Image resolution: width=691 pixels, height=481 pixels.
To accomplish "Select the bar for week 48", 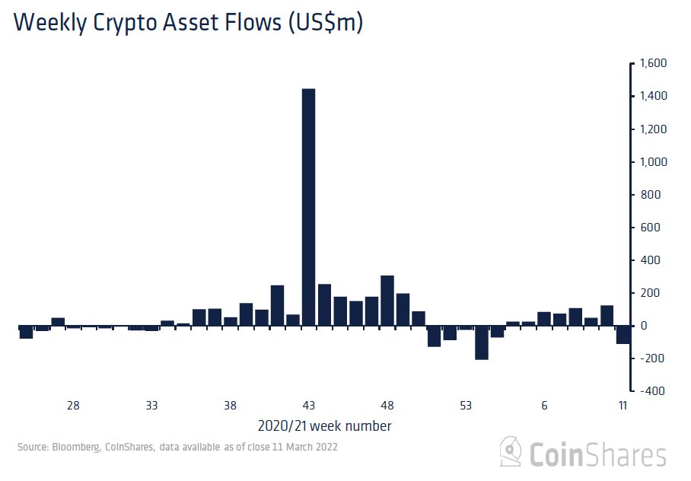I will click(x=387, y=301).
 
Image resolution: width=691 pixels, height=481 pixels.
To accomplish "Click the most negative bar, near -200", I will click(x=481, y=342).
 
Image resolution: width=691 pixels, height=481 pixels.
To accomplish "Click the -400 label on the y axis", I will click(x=651, y=391).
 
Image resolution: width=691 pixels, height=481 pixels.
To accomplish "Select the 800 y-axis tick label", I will click(x=651, y=195).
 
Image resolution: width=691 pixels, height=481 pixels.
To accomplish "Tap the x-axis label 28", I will click(x=73, y=406).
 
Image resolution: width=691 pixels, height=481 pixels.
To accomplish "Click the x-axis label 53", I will click(x=466, y=406).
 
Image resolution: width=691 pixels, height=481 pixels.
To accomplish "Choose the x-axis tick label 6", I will click(x=544, y=406).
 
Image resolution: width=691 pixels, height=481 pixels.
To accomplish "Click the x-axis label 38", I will click(x=230, y=406).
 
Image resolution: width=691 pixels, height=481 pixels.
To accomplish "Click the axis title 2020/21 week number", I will click(x=324, y=425).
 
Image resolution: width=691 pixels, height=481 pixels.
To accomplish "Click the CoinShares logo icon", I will click(x=511, y=452).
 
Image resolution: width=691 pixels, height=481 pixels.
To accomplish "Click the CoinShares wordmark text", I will click(x=598, y=455).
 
